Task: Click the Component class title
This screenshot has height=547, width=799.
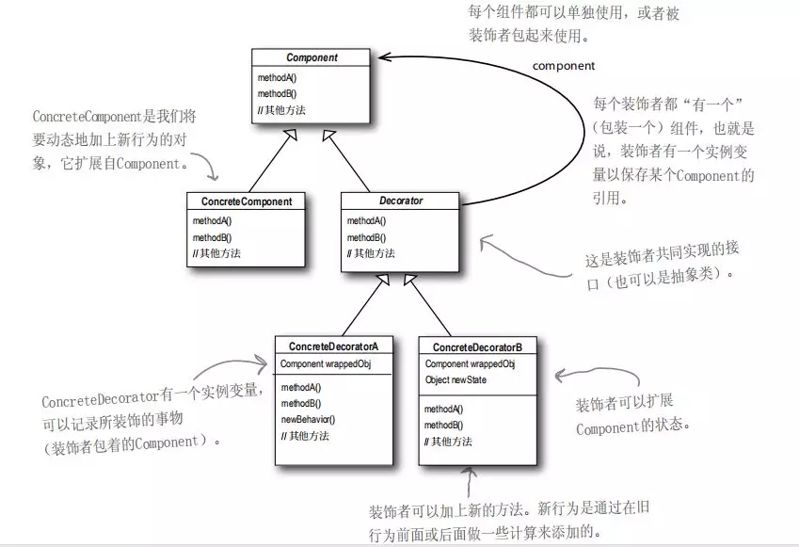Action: (312, 58)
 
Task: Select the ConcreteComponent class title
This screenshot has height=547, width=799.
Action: (248, 201)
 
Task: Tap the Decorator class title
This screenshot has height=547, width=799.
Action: (401, 201)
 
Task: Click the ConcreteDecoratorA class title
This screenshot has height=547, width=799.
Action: (334, 346)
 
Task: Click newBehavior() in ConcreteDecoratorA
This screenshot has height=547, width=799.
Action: (308, 419)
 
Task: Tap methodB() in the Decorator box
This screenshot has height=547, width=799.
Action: (366, 237)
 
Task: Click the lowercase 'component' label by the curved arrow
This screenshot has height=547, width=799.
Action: (564, 66)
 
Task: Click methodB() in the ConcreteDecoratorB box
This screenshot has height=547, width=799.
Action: (443, 426)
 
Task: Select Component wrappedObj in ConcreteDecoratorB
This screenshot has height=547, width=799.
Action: (470, 364)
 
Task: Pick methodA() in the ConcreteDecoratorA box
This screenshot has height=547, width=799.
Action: (300, 387)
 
